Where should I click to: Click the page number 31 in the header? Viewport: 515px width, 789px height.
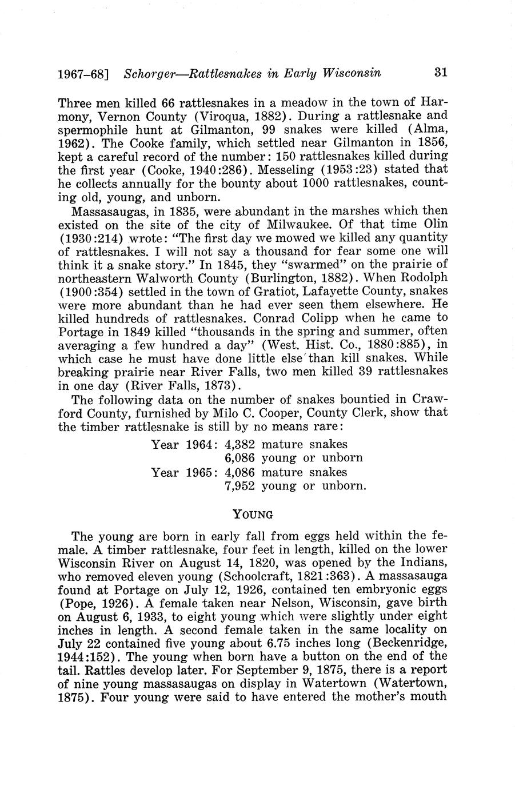(440, 73)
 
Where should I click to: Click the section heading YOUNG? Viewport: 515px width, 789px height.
(253, 514)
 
